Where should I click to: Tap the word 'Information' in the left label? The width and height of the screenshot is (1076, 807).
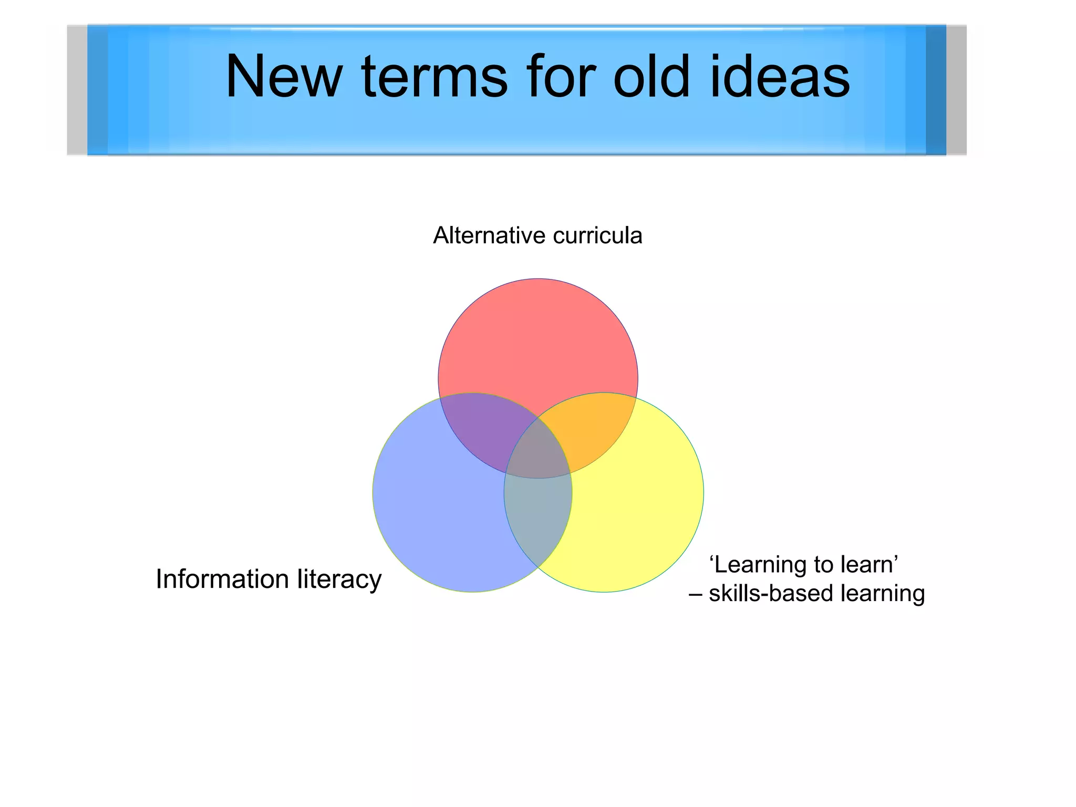click(222, 580)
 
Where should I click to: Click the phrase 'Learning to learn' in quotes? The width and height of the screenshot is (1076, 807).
click(803, 565)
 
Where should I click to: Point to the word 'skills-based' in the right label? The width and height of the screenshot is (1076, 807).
click(771, 594)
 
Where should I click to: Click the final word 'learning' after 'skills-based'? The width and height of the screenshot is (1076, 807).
click(883, 594)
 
